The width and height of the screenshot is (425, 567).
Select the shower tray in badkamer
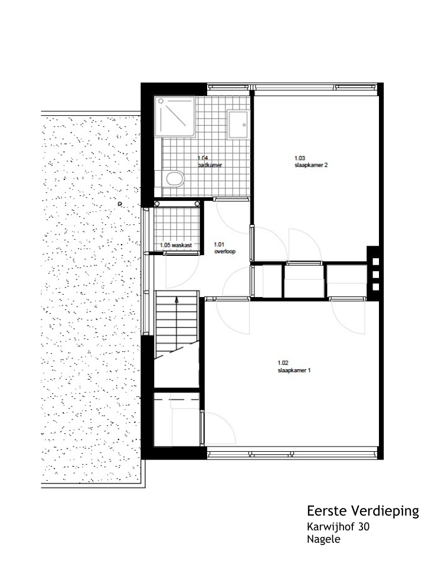tap(175, 116)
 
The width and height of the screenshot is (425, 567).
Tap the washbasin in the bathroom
tap(238, 125)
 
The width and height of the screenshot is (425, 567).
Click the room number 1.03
tap(300, 158)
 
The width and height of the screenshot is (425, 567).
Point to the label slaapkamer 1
tap(294, 370)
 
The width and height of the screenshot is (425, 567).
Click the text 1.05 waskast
tap(176, 245)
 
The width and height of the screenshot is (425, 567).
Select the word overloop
tap(225, 252)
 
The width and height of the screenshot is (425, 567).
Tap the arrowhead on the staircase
tap(176, 299)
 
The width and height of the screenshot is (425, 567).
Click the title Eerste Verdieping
tap(363, 511)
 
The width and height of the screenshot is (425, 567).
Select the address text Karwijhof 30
tap(338, 526)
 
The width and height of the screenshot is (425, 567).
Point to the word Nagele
tap(323, 539)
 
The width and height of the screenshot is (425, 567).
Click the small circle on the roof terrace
tap(120, 204)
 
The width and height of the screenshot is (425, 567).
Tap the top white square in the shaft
tap(375, 262)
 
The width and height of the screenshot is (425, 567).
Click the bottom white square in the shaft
tap(375, 287)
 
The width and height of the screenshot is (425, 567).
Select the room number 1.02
tap(283, 363)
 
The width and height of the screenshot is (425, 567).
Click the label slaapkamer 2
tap(311, 165)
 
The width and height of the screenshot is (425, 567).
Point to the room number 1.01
tap(219, 245)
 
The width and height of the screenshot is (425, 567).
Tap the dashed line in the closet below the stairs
tap(176, 400)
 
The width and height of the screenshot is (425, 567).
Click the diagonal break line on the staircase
tap(176, 350)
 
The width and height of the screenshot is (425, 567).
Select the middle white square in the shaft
tap(375, 275)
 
